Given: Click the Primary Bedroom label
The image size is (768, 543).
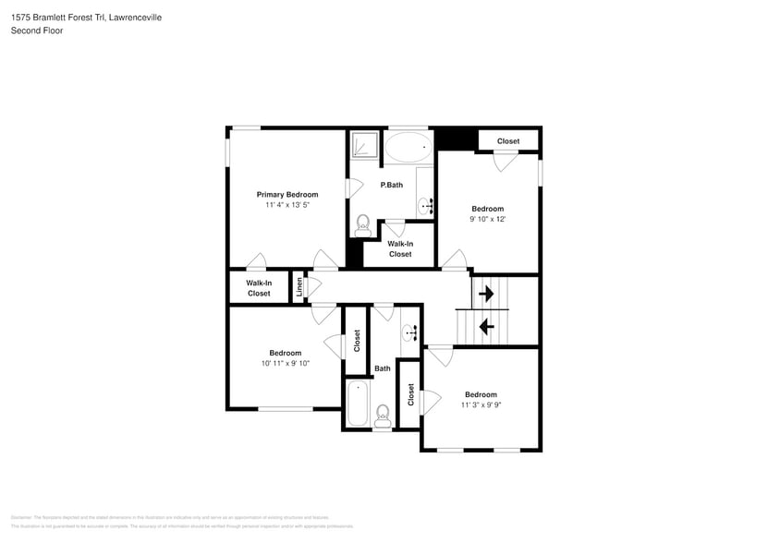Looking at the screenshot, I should point(287,195).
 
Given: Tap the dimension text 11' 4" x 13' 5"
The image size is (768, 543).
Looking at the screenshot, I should point(287,205).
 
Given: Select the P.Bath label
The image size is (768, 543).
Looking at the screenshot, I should point(392,185).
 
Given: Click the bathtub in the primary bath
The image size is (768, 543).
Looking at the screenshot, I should point(408,146).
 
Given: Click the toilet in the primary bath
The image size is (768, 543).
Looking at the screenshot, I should point(362,224).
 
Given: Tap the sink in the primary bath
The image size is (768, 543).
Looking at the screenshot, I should point(425,204).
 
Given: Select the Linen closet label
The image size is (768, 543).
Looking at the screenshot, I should point(299,287).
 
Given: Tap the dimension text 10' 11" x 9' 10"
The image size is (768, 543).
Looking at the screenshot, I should point(285,363).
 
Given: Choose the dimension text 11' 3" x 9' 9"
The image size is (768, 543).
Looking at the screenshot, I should point(481,404).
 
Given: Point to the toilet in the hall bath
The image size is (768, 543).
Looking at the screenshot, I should point(383,416).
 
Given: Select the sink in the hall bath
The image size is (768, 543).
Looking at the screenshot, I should point(409,332).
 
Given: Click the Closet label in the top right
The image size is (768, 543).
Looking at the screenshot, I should point(507,141).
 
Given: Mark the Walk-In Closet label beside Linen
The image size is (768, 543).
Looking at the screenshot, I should point(259,288).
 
